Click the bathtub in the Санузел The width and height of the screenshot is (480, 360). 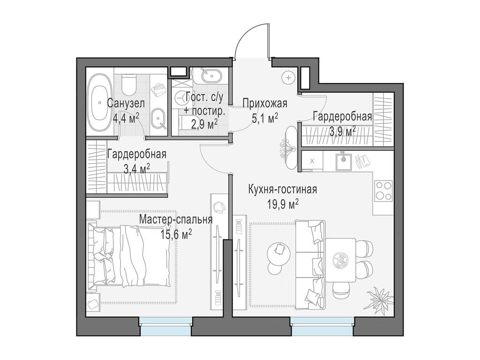pos(99,103)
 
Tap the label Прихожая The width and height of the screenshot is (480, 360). pos(264,103)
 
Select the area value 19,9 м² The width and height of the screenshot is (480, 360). pos(282,203)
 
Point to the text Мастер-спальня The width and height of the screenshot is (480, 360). pos(176,220)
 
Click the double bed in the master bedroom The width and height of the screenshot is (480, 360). pos(131,255)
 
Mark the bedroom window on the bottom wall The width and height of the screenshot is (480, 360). pos(165,326)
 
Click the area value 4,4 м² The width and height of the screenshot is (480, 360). pos(126,118)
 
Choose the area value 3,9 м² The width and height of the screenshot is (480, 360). pos(342,131)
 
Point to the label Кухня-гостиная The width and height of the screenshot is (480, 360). pos(283,189)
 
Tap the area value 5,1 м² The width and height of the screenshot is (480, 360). pos(265,118)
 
